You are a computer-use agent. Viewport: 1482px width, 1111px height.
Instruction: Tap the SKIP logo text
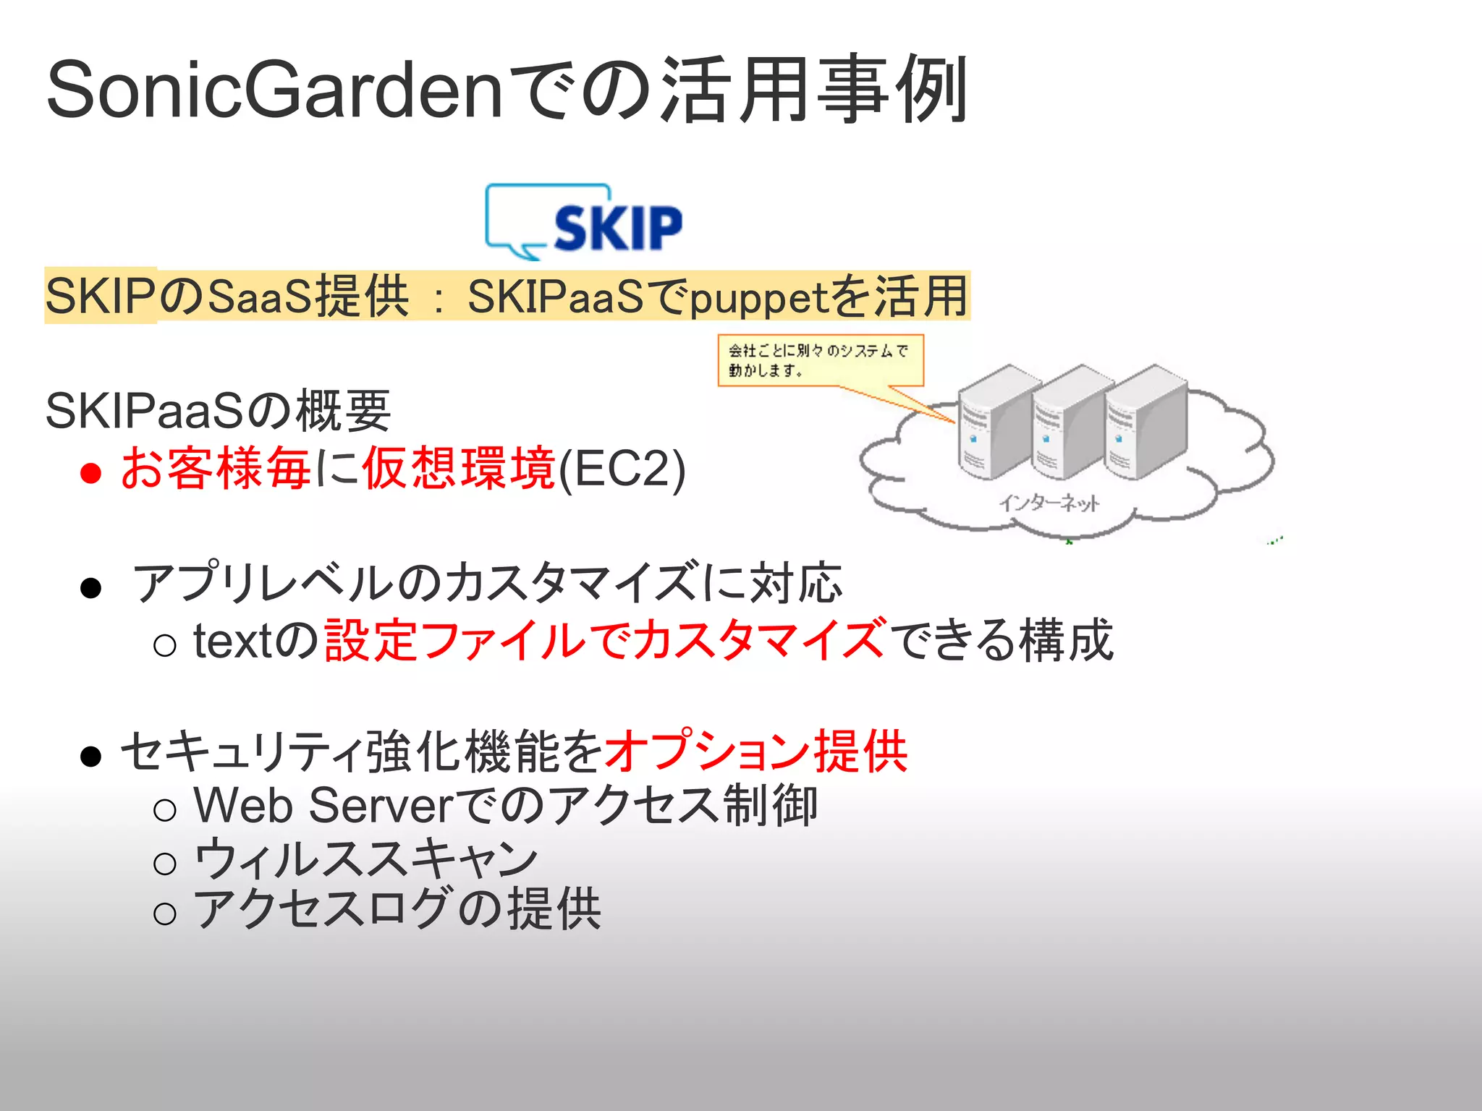click(617, 228)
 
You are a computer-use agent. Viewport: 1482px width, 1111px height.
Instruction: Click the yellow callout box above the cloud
click(820, 360)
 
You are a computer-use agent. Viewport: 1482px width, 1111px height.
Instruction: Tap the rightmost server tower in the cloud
click(1146, 423)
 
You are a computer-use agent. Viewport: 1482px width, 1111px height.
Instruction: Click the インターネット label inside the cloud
click(1049, 503)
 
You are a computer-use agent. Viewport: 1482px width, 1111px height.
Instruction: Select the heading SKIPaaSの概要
click(217, 411)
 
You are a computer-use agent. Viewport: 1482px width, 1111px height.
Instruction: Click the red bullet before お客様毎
click(90, 473)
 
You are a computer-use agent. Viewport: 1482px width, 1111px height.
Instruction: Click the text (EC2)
click(622, 469)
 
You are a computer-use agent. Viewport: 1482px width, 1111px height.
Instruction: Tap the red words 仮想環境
click(459, 469)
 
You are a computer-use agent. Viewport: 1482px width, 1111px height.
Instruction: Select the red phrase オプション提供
click(755, 752)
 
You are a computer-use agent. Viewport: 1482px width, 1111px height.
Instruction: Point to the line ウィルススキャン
click(365, 859)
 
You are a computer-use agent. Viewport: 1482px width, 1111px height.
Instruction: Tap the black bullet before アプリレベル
click(90, 587)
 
